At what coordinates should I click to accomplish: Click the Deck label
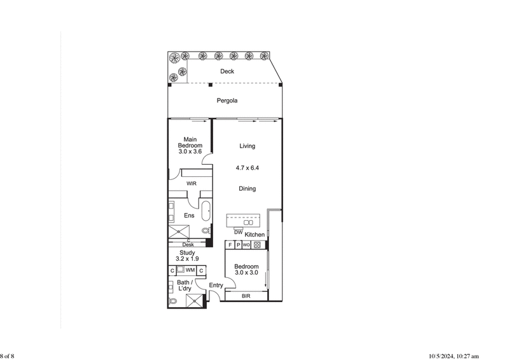click(x=227, y=71)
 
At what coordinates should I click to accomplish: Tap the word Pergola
click(x=227, y=100)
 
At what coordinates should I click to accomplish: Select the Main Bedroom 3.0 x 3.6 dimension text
click(x=189, y=151)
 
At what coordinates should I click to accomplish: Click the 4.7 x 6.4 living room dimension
click(x=247, y=168)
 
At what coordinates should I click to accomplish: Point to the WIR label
click(x=191, y=184)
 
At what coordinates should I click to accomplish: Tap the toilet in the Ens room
click(x=206, y=231)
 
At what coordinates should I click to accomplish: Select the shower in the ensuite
click(x=178, y=230)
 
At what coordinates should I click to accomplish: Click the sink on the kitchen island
click(x=249, y=222)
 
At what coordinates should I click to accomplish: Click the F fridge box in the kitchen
click(x=230, y=244)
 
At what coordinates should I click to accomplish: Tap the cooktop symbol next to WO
click(x=257, y=244)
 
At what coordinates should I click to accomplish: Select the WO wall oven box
click(x=246, y=244)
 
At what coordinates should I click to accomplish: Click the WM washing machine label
click(x=190, y=270)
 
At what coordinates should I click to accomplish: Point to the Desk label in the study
click(x=188, y=245)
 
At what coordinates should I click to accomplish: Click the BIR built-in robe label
click(x=246, y=296)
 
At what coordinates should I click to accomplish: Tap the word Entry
click(x=216, y=286)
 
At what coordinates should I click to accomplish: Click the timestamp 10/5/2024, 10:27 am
click(x=454, y=356)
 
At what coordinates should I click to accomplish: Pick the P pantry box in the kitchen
click(x=238, y=244)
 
